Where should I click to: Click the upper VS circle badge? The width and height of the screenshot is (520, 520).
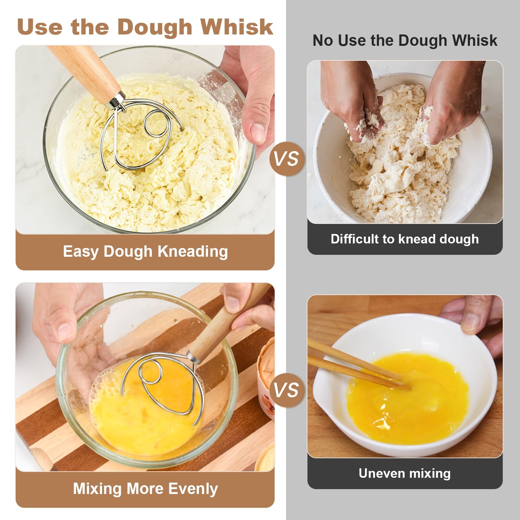(286, 159)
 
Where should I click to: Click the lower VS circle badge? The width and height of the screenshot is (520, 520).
(286, 390)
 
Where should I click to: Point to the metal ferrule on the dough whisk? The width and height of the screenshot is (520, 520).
(116, 100)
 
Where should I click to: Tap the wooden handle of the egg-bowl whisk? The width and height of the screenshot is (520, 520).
(227, 320)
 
